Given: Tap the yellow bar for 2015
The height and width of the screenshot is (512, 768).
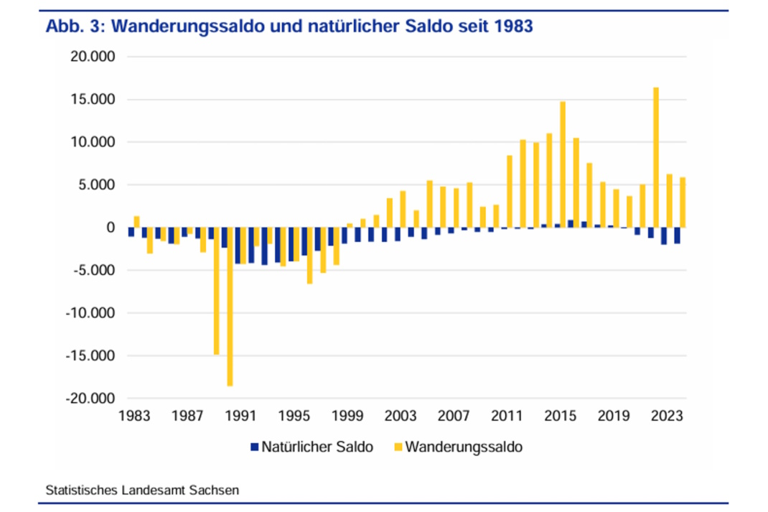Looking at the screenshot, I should click(x=563, y=164).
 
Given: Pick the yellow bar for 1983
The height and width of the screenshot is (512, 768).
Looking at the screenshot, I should click(x=137, y=222).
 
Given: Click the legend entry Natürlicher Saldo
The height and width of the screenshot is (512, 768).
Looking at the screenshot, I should click(x=317, y=447).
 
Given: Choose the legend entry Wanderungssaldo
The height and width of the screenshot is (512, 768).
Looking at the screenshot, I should click(x=464, y=447).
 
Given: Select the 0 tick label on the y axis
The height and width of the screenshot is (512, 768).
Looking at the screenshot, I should click(x=110, y=228).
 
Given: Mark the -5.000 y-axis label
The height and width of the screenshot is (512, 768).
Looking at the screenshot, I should click(x=91, y=270).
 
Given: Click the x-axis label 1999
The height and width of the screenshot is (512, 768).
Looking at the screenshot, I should click(x=347, y=416).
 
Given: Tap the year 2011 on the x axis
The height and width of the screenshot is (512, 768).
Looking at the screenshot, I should click(x=507, y=416).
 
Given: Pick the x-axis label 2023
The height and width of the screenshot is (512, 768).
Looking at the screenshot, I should click(x=667, y=416).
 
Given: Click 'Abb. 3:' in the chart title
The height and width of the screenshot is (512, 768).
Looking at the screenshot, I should click(x=76, y=27).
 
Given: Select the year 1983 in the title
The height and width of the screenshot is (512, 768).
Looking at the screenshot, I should click(x=512, y=27).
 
